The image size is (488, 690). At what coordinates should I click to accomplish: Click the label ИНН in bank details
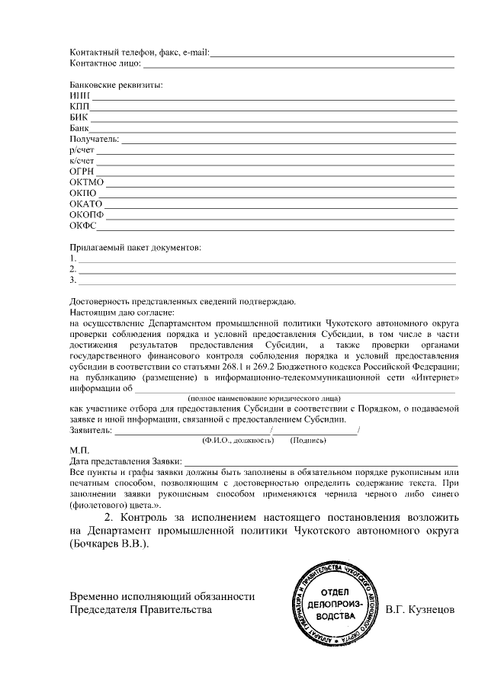pos(79,96)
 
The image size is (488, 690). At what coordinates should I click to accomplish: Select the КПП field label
pos(79,108)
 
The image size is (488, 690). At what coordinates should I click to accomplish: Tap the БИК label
pos(79,118)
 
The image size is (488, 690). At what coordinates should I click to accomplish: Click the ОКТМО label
pos(85,183)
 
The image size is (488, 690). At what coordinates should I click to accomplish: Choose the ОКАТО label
pos(85,204)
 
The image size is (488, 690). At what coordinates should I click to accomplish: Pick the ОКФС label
pos(83,226)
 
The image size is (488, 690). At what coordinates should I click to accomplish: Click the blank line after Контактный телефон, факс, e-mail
pos(332,53)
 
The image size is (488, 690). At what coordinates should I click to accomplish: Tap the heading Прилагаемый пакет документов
pos(135,248)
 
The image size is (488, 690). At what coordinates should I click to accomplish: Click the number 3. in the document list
pos(72,280)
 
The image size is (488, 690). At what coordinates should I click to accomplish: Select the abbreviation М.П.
pos(79,451)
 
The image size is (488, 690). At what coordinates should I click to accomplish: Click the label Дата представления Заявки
pos(125,461)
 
